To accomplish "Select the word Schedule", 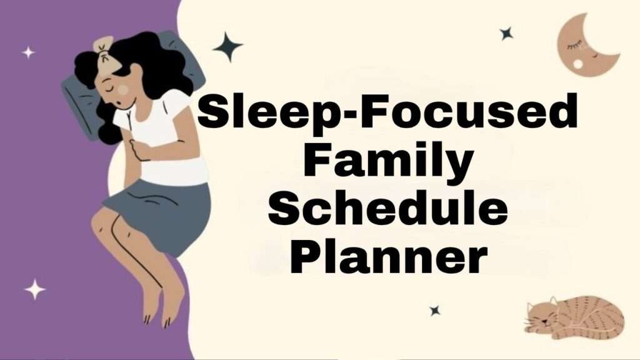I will click(387, 209).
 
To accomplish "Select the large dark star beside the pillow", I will click(227, 47).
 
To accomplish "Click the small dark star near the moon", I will click(506, 34).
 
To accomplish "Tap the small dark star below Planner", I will click(434, 310).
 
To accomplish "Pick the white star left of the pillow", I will click(28, 52).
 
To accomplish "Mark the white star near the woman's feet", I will click(35, 289).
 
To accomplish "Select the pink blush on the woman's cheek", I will click(124, 90).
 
